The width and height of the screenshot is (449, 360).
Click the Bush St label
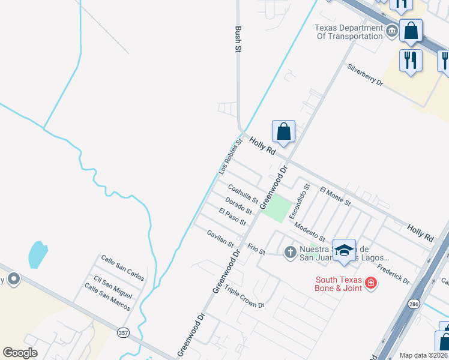click(238, 40)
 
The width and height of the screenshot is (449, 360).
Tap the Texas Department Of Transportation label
click(349, 31)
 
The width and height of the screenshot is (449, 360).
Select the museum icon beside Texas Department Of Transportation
click(392, 31)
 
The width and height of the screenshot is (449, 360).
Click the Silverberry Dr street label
click(365, 75)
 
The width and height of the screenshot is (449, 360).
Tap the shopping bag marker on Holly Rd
click(283, 131)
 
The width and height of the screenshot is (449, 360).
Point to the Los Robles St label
click(230, 157)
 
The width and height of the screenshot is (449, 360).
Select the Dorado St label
click(238, 205)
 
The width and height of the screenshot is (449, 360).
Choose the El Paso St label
click(232, 217)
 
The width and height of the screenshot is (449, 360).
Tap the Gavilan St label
click(220, 238)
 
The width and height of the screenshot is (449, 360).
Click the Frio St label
click(256, 249)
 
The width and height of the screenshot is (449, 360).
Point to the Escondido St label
click(299, 201)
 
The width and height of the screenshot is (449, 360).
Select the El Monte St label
click(336, 196)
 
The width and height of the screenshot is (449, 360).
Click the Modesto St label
click(310, 230)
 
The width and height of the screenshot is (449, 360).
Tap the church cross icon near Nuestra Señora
click(290, 251)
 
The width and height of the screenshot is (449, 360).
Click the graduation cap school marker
click(344, 251)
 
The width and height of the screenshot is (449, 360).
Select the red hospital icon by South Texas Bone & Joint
click(371, 282)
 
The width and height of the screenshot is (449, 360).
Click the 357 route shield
click(122, 332)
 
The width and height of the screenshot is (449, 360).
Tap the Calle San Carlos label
click(122, 268)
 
